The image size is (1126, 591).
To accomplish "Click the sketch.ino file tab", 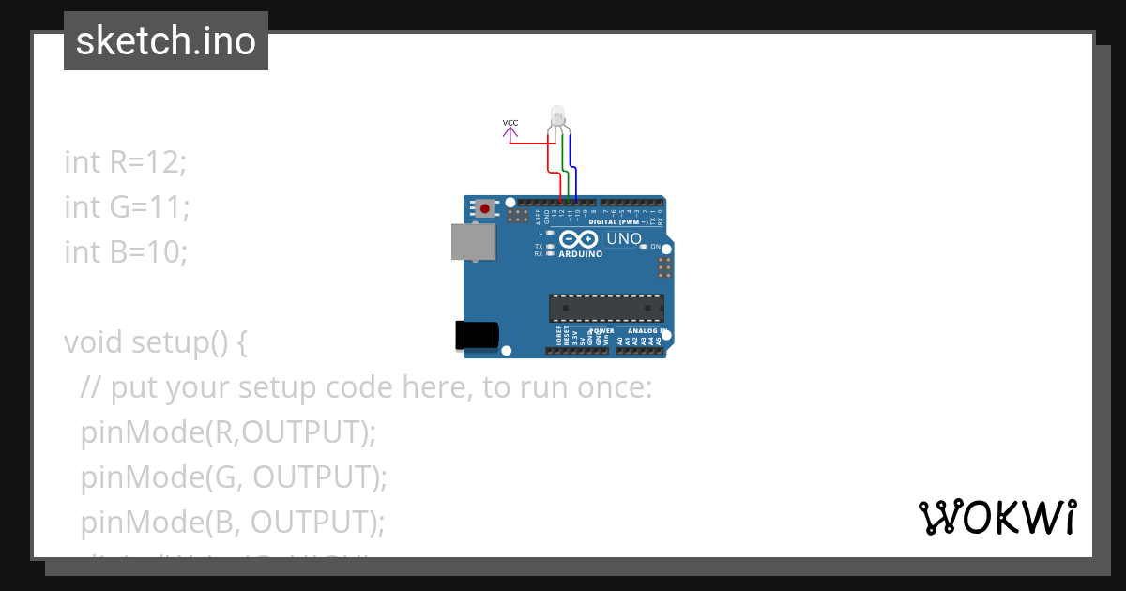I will point(166,41).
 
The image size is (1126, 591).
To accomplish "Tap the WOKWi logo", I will point(997,518).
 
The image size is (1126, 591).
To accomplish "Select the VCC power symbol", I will point(510,129).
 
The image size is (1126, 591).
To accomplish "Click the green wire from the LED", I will point(564,169).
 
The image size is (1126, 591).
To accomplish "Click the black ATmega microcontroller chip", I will point(606,308).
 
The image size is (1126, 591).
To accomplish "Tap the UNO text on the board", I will point(624,238).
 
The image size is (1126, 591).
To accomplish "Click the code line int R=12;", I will point(126,161).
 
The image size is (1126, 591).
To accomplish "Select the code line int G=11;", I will point(127,206).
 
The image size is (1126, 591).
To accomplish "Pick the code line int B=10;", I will point(126,251).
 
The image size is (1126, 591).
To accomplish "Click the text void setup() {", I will point(156,341).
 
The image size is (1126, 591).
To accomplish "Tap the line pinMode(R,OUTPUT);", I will point(228,432).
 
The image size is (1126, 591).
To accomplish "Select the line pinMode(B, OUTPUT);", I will point(233,522).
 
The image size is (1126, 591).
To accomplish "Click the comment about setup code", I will point(366,386).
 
